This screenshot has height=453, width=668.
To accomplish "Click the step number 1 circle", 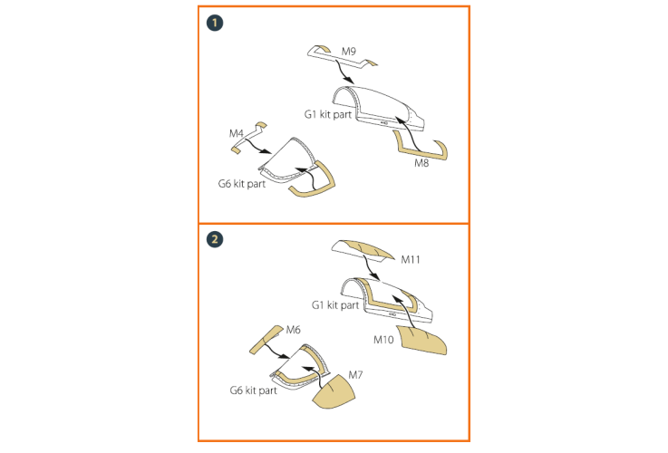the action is (x=215, y=23).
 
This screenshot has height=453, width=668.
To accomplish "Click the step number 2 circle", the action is (x=215, y=239).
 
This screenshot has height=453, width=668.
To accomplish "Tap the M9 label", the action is (x=348, y=52).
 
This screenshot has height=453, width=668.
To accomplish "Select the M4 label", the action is (x=236, y=133).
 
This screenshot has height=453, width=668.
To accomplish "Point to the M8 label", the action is (x=421, y=163).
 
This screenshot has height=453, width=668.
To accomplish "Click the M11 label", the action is (x=411, y=259).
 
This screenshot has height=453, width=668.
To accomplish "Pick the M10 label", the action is (x=383, y=340).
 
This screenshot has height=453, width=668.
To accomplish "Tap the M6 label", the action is (x=293, y=330).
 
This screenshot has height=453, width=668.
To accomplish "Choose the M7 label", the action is (x=355, y=375).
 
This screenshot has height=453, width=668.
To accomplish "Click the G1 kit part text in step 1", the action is (x=328, y=114).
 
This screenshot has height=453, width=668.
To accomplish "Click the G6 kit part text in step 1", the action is (x=242, y=184).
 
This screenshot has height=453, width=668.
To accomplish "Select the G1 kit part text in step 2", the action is (x=335, y=305).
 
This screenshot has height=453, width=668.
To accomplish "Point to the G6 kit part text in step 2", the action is (x=253, y=390).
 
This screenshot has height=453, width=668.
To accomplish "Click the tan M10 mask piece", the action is (x=421, y=340).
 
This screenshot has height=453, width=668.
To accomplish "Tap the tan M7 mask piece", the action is (x=334, y=391).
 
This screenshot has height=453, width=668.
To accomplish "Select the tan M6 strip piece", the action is (x=266, y=340).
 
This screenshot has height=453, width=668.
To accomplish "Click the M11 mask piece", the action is (x=363, y=250).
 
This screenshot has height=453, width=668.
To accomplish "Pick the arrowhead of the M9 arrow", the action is (x=349, y=80).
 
